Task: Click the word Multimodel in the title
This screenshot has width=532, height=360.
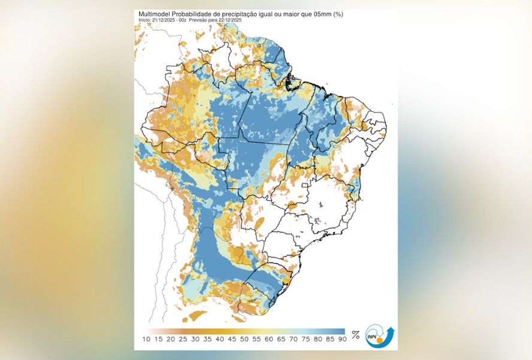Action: click(x=154, y=14)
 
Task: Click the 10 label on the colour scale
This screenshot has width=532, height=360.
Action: click(x=146, y=340)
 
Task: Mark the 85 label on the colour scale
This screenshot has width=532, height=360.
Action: click(x=330, y=340)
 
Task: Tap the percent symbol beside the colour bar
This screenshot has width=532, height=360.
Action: click(x=355, y=334)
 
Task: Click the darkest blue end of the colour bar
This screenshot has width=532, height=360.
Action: click(x=342, y=331)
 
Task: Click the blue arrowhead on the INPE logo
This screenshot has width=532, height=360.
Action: click(x=391, y=329)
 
